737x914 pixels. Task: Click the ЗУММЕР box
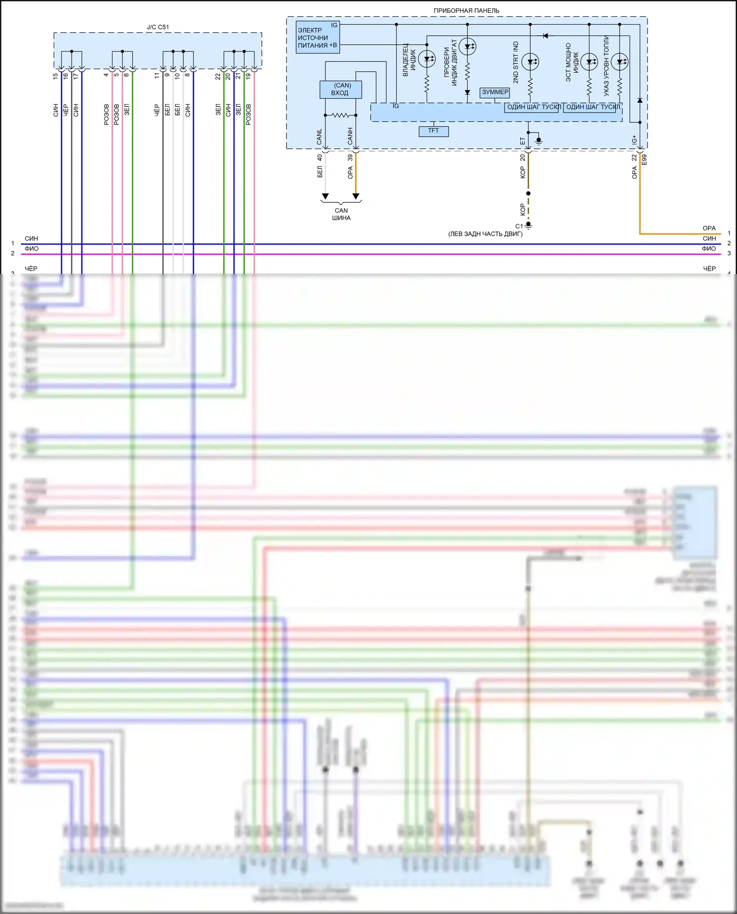495,92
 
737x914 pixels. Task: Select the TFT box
433,131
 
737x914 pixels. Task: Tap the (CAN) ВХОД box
340,89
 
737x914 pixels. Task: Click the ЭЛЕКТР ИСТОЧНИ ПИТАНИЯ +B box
317,37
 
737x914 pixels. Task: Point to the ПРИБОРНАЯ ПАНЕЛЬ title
466,10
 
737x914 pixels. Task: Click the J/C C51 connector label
158,27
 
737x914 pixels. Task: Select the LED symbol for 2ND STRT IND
530,61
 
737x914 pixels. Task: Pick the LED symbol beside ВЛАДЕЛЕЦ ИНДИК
427,59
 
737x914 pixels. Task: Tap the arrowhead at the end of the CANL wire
325,196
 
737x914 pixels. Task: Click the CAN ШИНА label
341,214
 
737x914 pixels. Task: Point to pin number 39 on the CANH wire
350,158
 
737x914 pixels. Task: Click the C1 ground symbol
528,225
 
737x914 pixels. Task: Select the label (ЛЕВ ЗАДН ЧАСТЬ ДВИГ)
485,234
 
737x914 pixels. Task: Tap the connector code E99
644,160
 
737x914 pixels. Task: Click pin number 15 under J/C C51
56,76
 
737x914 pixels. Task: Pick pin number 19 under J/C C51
248,76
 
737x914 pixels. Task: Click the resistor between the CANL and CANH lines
340,115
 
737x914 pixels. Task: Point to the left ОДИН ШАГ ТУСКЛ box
532,108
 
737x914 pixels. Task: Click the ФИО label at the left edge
31,249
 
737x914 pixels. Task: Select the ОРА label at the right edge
709,228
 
